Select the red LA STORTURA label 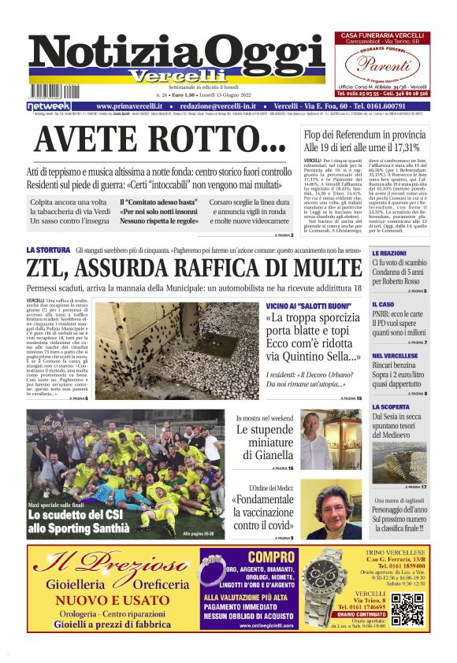pos(48,250)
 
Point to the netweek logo pos(49,106)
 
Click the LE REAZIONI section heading pos(388,254)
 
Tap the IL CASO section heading pos(382,304)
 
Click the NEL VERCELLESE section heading pos(394,356)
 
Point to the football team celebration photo pos(124,472)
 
